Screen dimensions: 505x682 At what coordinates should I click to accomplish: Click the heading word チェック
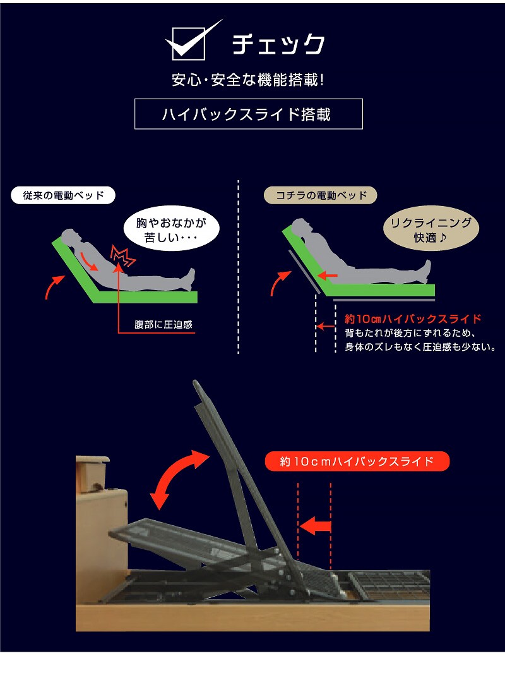click(278, 44)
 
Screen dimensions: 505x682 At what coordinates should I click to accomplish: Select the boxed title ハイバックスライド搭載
click(248, 114)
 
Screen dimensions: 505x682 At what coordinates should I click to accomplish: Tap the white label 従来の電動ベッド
click(63, 195)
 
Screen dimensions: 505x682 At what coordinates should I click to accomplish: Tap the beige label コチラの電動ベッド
click(321, 195)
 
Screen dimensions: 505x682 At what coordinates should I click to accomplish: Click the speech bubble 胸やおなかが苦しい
click(171, 229)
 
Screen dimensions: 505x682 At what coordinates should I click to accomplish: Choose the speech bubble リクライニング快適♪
click(431, 229)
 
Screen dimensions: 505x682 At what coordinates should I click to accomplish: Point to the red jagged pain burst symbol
click(123, 256)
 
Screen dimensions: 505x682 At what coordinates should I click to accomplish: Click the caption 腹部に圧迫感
click(163, 324)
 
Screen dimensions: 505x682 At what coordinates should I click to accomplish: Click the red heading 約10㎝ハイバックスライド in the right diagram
click(413, 319)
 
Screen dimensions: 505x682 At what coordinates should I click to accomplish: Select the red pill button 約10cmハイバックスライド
click(357, 461)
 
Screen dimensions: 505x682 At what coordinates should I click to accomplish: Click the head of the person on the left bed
click(70, 237)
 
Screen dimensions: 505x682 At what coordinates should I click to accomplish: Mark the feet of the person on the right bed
click(426, 271)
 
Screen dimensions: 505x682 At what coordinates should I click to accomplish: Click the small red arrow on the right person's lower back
click(328, 276)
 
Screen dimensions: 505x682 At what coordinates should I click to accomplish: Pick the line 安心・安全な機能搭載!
click(248, 80)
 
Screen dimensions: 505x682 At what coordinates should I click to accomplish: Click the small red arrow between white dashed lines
click(325, 326)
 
